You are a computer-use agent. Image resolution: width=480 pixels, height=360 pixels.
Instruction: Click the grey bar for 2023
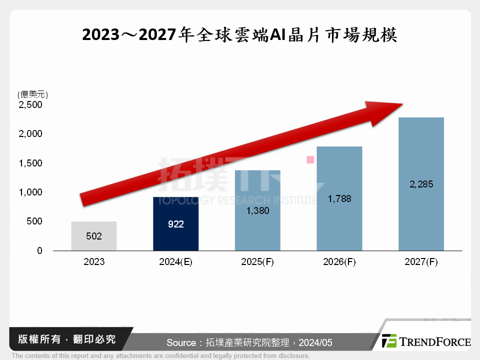pyautogui.click(x=94, y=236)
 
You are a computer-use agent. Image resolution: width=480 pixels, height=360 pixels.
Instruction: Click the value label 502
pyautogui.click(x=94, y=236)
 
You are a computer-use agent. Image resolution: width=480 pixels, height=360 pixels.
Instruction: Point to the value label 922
pyautogui.click(x=175, y=224)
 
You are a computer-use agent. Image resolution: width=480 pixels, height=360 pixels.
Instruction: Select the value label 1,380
pyautogui.click(x=257, y=211)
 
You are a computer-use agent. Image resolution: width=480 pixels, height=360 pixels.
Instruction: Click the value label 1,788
pyautogui.click(x=339, y=199)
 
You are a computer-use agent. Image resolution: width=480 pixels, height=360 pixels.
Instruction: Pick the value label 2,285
pyautogui.click(x=421, y=184)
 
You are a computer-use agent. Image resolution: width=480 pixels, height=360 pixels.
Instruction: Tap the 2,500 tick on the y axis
pyautogui.click(x=31, y=105)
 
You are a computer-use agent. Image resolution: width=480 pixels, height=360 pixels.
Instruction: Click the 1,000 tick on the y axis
pyautogui.click(x=31, y=192)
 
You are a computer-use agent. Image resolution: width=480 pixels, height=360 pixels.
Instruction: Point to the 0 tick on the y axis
pyautogui.click(x=39, y=250)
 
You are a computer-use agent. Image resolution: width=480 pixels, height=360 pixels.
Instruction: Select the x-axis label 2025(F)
pyautogui.click(x=257, y=262)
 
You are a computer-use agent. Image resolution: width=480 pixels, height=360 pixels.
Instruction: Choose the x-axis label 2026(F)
pyautogui.click(x=339, y=262)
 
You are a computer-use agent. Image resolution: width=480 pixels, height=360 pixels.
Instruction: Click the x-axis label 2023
pyautogui.click(x=94, y=262)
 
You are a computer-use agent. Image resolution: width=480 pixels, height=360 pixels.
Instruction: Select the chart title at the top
pyautogui.click(x=239, y=35)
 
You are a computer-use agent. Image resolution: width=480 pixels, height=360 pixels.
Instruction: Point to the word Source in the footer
pyautogui.click(x=181, y=342)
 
